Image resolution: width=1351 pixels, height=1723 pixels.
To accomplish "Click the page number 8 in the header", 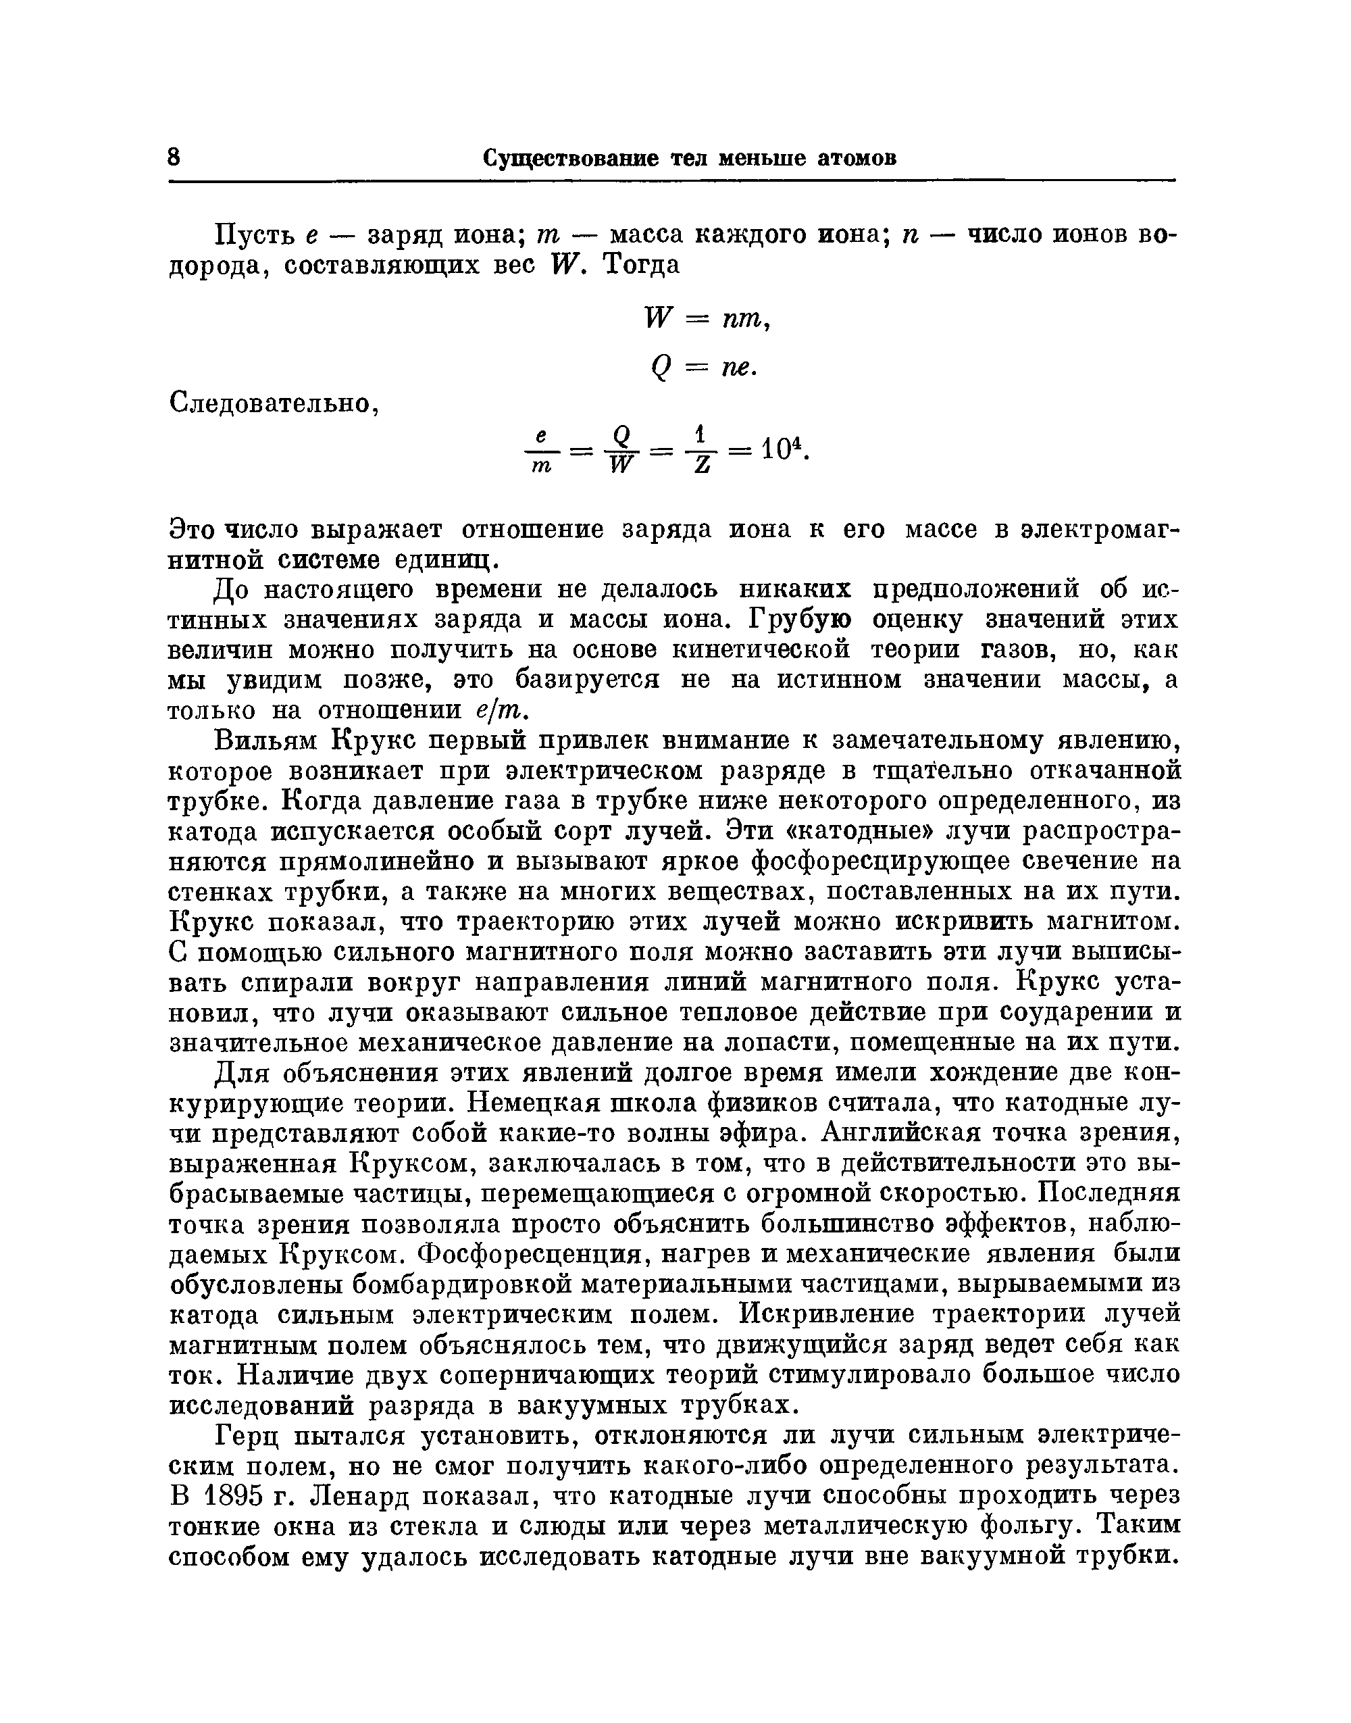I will (175, 157).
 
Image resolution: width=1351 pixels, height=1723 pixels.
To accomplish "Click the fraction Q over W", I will (623, 453).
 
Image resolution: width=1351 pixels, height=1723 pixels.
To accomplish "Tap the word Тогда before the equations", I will (640, 264).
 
